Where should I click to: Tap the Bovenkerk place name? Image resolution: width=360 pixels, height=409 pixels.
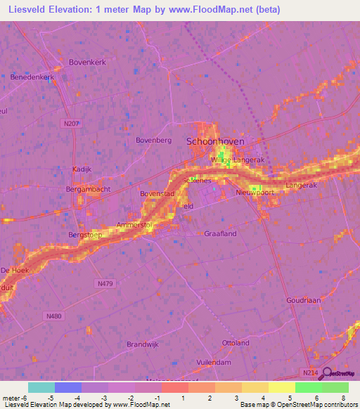(87, 62)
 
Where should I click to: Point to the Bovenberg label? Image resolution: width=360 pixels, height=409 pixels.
(153, 141)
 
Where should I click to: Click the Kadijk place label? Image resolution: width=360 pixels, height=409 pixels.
(82, 169)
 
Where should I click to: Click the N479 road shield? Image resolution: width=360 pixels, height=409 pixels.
(104, 283)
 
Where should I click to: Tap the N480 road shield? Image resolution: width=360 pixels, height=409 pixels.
(53, 316)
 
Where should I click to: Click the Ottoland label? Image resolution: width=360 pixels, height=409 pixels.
(236, 343)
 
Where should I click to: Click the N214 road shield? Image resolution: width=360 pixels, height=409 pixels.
(311, 372)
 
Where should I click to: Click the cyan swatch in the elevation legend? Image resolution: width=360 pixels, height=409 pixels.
(41, 387)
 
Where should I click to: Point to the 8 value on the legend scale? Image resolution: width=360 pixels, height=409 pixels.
(344, 399)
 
